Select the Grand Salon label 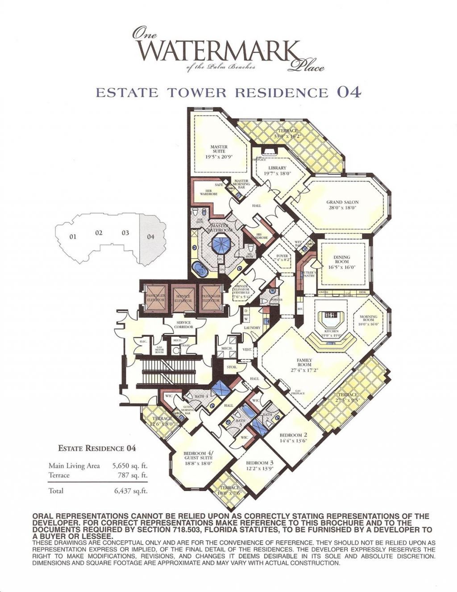342,205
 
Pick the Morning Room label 369,320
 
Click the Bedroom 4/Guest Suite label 199,458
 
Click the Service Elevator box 183,298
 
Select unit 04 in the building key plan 151,237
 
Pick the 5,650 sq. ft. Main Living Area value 130,466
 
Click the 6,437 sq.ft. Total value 130,491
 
